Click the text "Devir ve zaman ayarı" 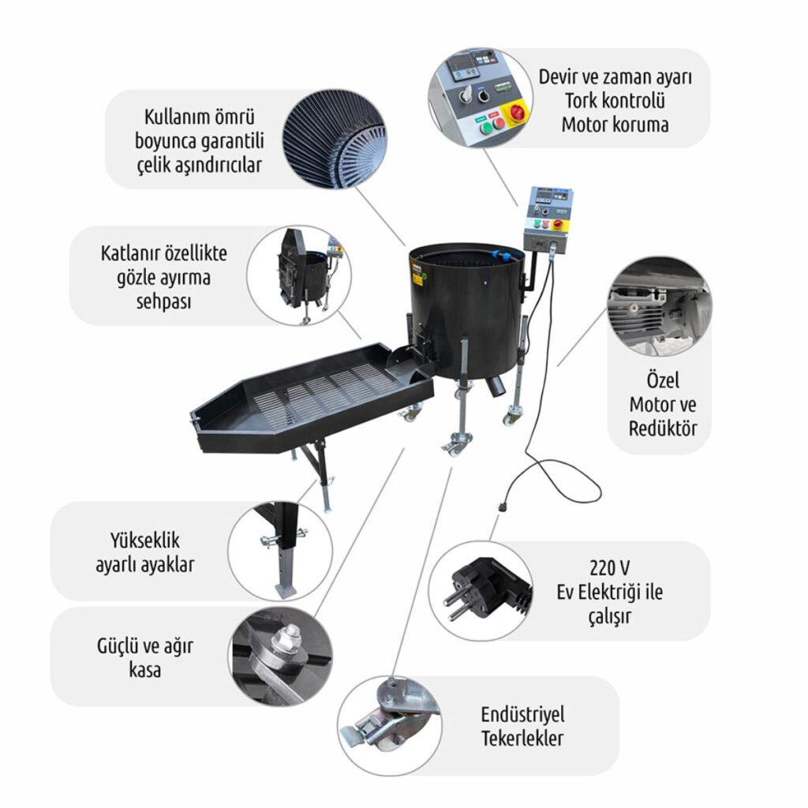[615, 77]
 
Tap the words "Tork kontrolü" [615, 100]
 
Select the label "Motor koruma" [615, 124]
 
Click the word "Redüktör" [663, 428]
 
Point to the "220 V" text [609, 568]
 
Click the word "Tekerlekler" [522, 738]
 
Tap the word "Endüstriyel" [522, 714]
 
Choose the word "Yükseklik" [145, 541]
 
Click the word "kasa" [145, 670]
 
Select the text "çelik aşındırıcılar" [200, 166]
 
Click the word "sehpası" [163, 302]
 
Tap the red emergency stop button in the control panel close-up [517, 112]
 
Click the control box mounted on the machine [548, 219]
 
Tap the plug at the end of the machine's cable [500, 507]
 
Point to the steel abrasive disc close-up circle [335, 140]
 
